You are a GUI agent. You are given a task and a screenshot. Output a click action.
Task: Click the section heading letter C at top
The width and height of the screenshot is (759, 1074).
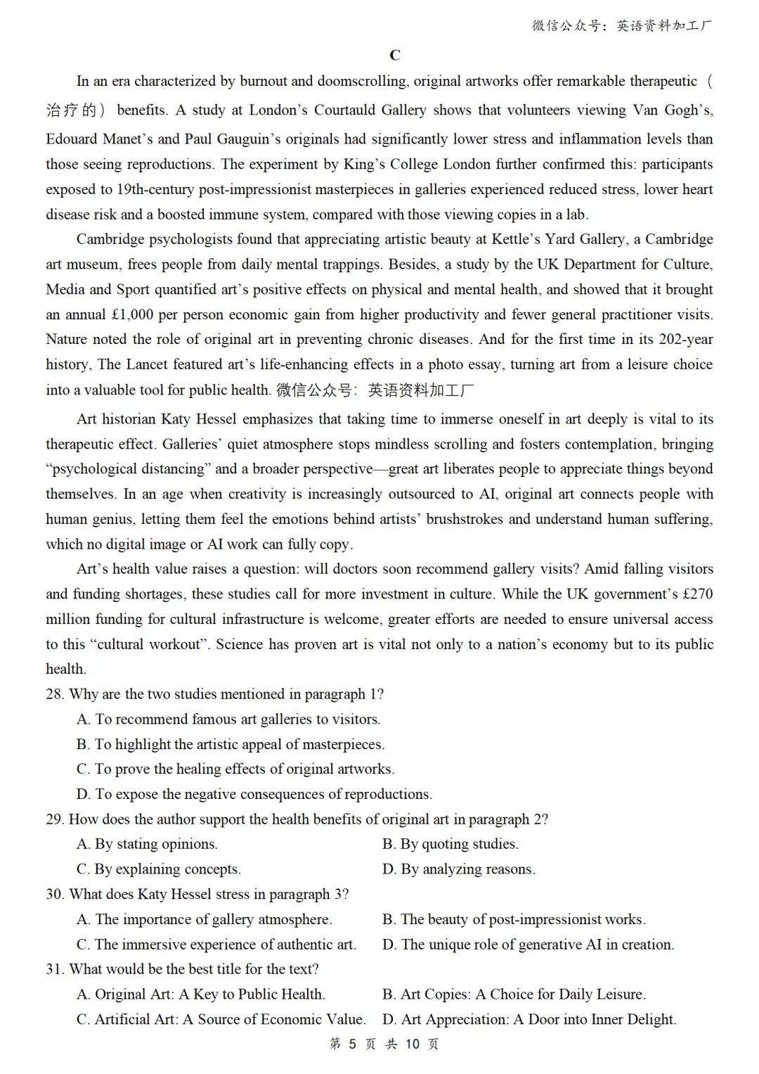tap(395, 56)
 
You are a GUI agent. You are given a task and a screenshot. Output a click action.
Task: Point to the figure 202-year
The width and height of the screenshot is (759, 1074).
tap(685, 339)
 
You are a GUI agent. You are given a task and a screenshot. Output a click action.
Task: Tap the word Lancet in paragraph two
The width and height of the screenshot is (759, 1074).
tap(150, 364)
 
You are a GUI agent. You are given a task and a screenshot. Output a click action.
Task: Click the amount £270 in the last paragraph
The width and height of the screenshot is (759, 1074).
tap(697, 594)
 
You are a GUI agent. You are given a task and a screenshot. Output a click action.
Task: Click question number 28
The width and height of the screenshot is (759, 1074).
tap(55, 694)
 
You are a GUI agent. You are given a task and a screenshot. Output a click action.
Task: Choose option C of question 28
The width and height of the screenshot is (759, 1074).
tap(235, 769)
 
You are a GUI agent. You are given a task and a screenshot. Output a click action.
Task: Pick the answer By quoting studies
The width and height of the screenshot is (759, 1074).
tap(450, 844)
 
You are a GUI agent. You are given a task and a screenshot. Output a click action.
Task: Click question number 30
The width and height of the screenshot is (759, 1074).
tap(55, 894)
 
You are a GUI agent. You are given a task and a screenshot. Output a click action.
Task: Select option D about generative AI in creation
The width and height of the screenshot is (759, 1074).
tap(528, 945)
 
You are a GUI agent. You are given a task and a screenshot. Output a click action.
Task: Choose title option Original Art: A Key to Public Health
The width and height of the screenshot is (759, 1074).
tap(201, 995)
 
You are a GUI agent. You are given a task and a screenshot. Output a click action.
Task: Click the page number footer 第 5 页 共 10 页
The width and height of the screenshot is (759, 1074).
tap(384, 1044)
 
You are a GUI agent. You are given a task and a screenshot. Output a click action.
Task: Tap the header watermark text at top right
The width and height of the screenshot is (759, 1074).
tap(622, 26)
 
